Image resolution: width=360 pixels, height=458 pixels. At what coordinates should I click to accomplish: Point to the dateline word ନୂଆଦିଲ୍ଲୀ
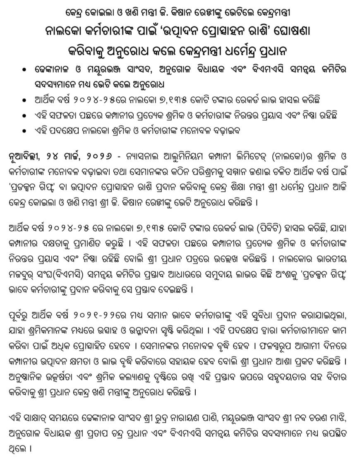coord(24,158)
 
